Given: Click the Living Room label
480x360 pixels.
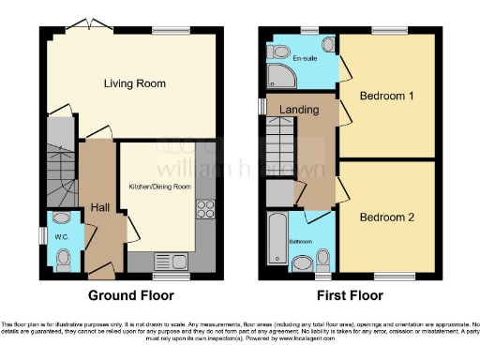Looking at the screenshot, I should point(134,83).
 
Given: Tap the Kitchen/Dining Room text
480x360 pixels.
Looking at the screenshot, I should point(159,187).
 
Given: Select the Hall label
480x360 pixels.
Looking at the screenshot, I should point(101,208).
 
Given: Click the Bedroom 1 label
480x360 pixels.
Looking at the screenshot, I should point(386,97).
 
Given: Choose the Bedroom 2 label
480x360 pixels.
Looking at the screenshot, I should point(386,217).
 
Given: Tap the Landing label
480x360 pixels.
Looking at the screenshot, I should point(298,110).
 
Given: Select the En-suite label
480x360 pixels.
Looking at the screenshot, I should point(303,59).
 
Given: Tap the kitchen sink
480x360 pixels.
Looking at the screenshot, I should point(174,261).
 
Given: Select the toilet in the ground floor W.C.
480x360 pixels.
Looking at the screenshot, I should point(63,264).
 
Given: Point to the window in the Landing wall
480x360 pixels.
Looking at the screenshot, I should point(262,106).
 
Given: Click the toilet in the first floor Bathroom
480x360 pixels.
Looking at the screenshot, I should point(323,258).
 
